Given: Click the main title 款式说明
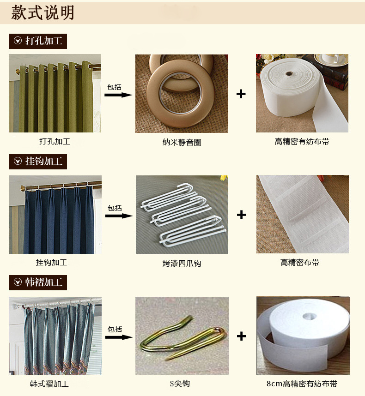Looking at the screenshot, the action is click(43, 12).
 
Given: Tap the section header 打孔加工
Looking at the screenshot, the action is click(38, 41).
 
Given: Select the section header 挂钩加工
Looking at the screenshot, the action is click(38, 162).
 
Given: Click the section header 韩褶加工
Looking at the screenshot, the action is click(38, 282).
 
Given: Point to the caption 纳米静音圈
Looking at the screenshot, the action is click(182, 143).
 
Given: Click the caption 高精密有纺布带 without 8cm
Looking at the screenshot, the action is click(302, 142).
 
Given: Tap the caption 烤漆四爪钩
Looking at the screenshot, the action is click(182, 264).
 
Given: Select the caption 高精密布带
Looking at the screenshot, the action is click(300, 263).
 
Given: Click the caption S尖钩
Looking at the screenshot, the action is click(180, 384).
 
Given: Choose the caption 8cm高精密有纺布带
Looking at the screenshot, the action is click(302, 384).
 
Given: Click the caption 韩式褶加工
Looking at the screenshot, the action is click(49, 384).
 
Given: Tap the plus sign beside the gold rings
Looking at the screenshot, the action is click(241, 94).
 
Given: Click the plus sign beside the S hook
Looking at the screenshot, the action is click(242, 336).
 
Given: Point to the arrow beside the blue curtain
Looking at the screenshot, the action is click(119, 216).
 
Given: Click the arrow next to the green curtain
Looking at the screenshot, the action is click(118, 95).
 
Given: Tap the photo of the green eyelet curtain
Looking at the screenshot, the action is click(55, 93).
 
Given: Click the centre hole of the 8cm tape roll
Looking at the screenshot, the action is click(310, 316).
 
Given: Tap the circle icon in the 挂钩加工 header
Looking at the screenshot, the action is click(18, 161).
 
